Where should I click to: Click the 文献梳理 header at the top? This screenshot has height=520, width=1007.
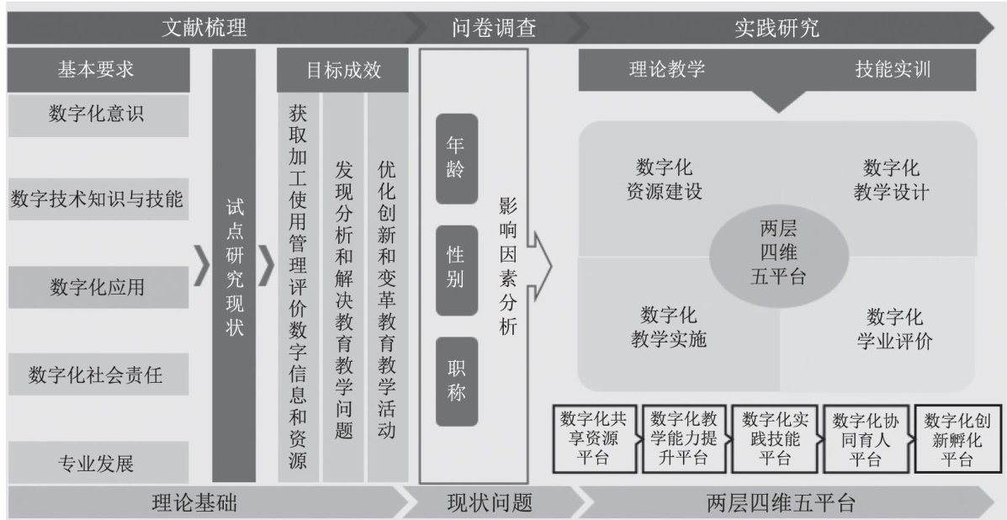coord(204,29)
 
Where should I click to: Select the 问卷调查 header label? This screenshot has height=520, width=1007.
coord(494,29)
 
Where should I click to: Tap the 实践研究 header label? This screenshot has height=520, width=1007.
coord(776,29)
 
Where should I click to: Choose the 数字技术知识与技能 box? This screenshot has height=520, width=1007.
coord(98,199)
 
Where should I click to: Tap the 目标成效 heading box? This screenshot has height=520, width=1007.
coord(343,71)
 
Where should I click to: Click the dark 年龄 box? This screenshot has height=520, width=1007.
coord(456,158)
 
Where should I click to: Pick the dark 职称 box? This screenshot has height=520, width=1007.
coord(456,381)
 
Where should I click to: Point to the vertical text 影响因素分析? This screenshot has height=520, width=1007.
coord(507,267)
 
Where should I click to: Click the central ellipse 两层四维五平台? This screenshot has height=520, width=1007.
coord(777,252)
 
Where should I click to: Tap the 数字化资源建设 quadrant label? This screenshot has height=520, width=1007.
coord(665,178)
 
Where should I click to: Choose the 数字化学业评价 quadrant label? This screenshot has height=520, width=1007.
coord(894,329)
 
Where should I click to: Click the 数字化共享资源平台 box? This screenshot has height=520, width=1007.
coord(596,438)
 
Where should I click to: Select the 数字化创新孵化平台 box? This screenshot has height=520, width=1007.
coord(956,438)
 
